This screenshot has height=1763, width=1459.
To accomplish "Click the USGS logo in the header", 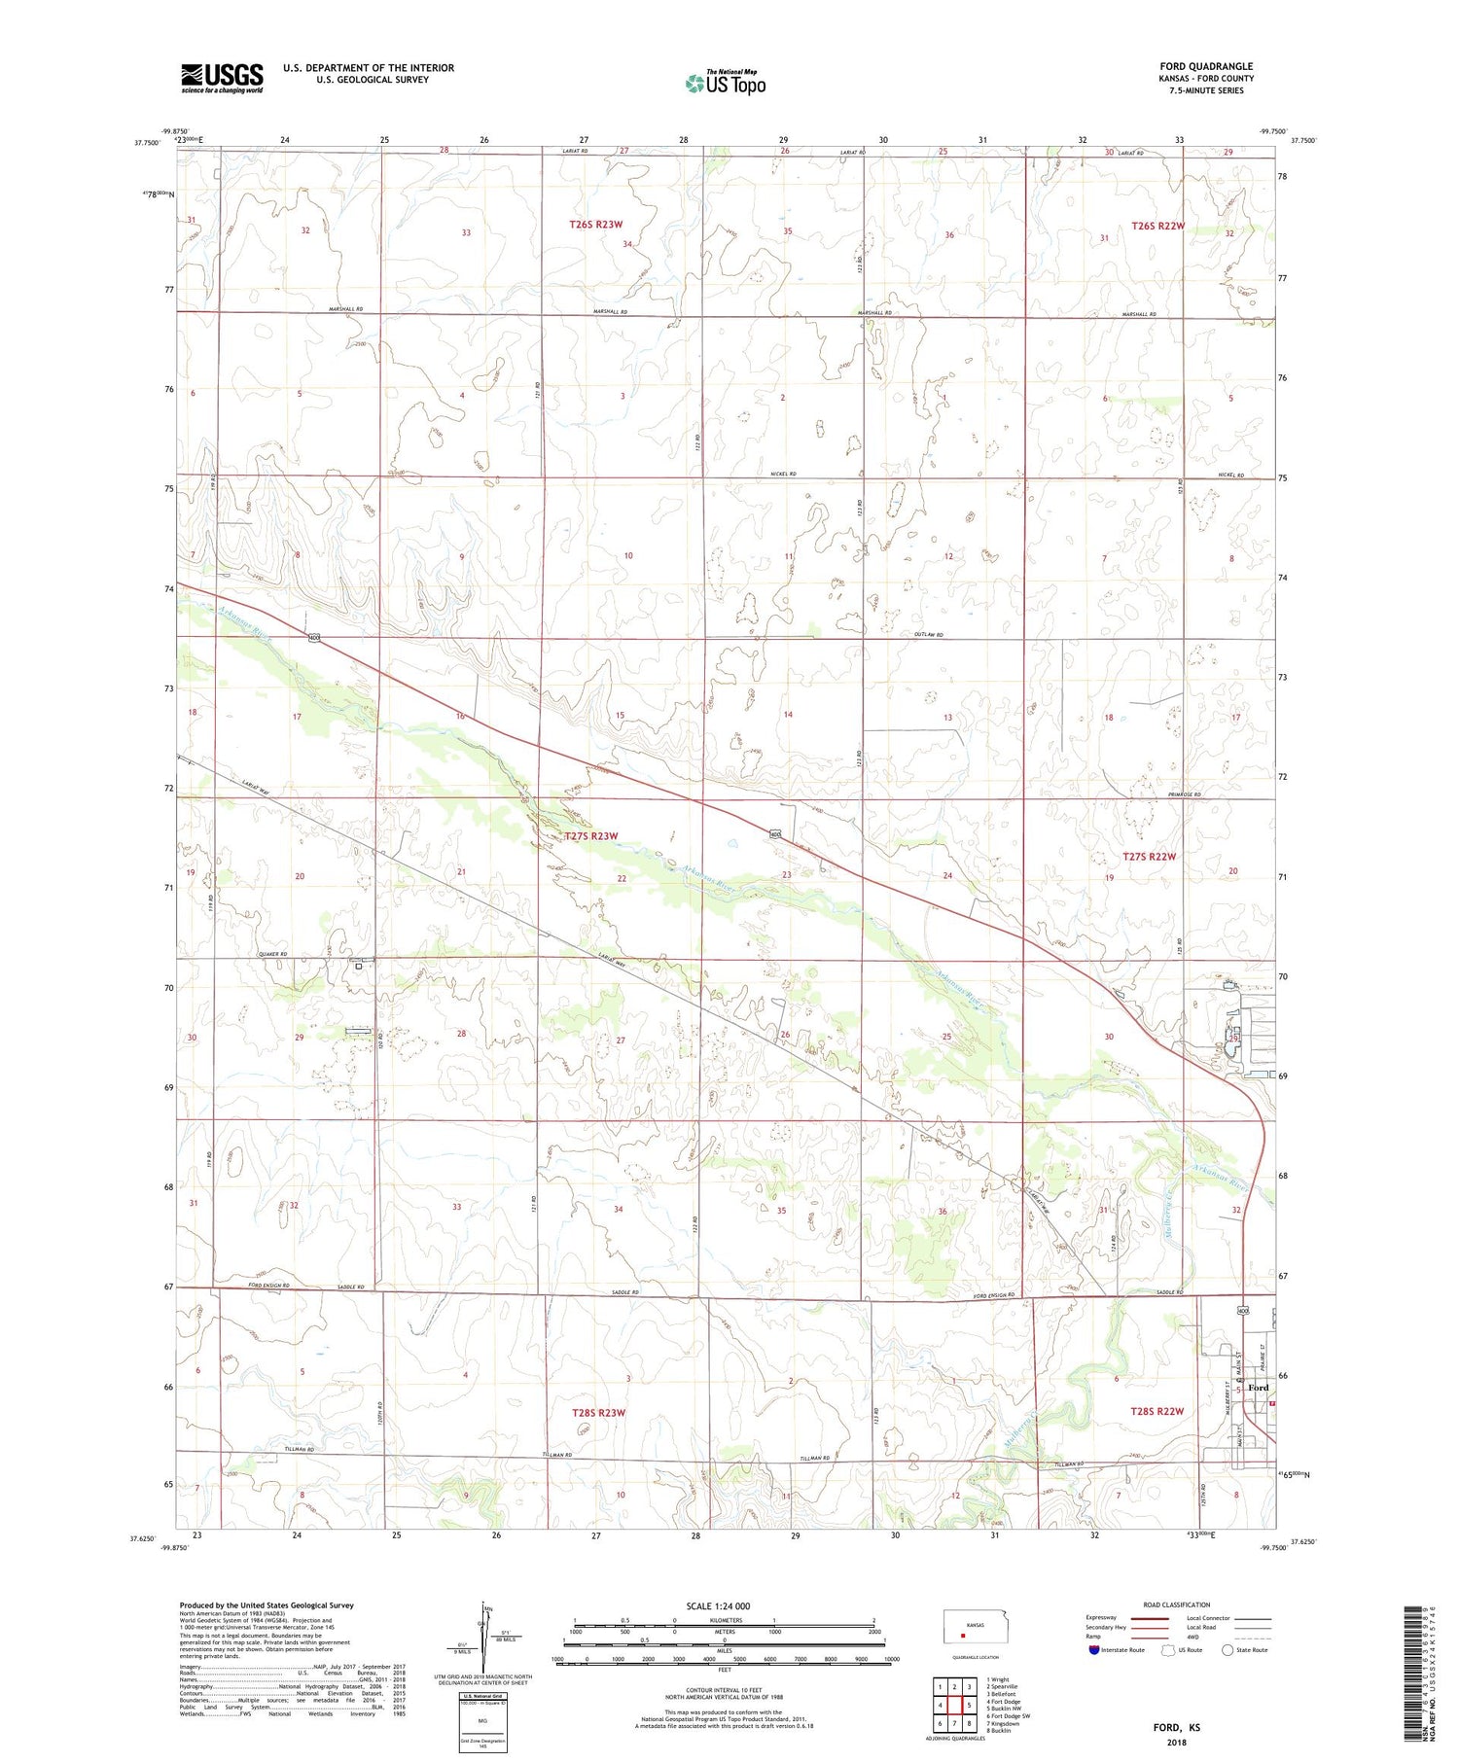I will [x=222, y=78].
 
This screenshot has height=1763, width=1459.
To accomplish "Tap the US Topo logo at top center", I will [x=725, y=84].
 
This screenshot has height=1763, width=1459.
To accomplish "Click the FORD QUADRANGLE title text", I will [x=1205, y=66].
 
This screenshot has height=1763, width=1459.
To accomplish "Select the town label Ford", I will [x=1258, y=1388].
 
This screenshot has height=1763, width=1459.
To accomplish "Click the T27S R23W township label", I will [x=590, y=836].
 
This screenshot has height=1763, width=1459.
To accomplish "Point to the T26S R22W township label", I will [x=1157, y=226].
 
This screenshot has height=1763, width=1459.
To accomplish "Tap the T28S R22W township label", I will [x=1157, y=1411].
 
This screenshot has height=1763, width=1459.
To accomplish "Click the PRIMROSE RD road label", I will [x=1184, y=794].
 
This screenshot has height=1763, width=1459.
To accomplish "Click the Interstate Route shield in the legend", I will [x=1094, y=1650].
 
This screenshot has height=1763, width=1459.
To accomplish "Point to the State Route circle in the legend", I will [x=1228, y=1650].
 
